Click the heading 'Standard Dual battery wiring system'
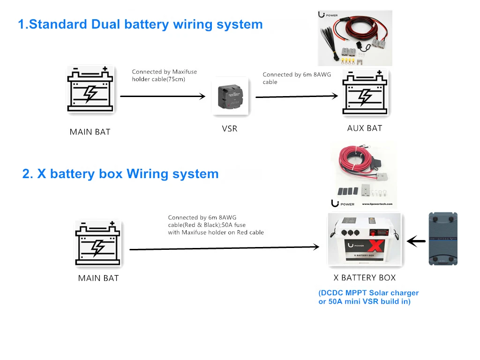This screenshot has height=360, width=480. point(140,24)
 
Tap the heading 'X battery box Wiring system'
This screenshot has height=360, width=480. point(120,174)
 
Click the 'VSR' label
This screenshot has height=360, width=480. point(230,128)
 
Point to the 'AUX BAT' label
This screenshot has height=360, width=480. point(365,128)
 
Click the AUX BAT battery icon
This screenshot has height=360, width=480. point(365,93)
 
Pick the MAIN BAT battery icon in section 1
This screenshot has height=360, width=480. point(90,90)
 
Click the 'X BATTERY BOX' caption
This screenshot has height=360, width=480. point(365,277)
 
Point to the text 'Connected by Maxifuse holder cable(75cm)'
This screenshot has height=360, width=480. point(165,75)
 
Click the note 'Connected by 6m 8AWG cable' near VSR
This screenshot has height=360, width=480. point(297,78)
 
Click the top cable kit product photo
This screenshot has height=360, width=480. point(355,38)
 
